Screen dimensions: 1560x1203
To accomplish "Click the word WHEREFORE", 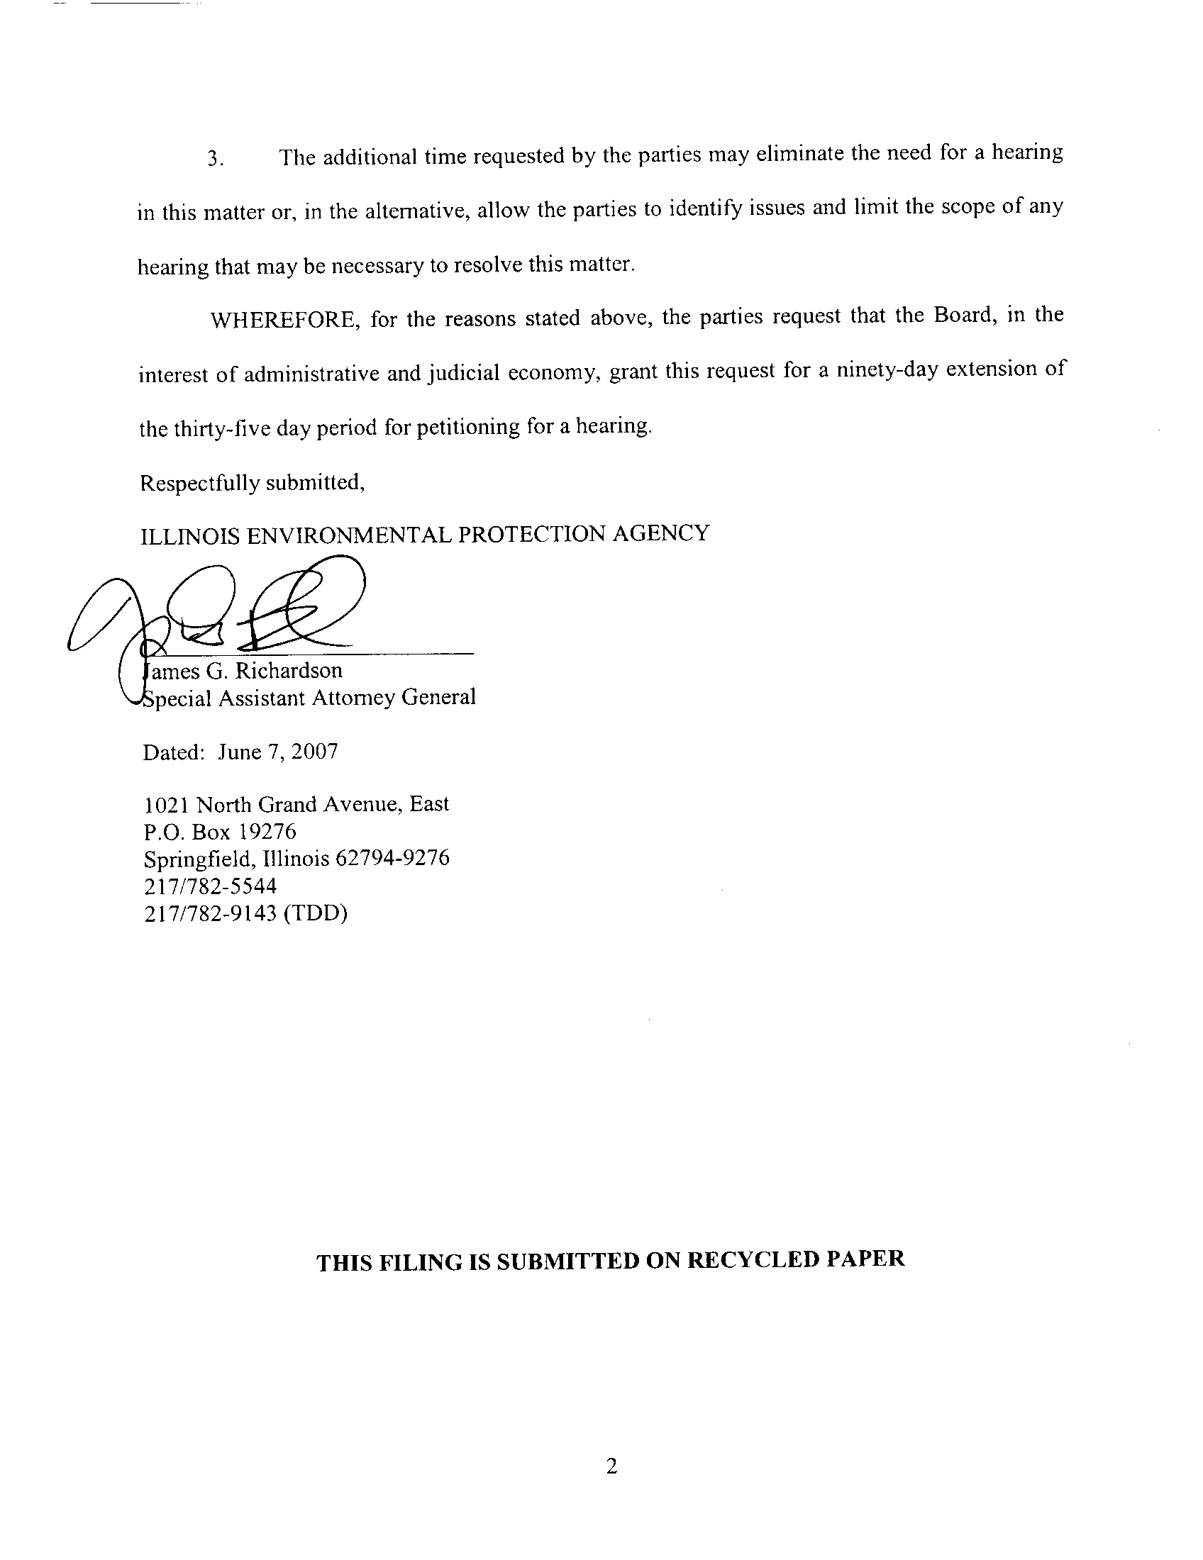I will click(283, 319).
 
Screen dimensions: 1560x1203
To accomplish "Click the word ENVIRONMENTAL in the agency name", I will click(348, 534).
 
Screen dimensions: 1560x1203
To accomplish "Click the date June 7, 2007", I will click(278, 752).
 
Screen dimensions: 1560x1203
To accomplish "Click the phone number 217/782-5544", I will click(210, 886).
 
